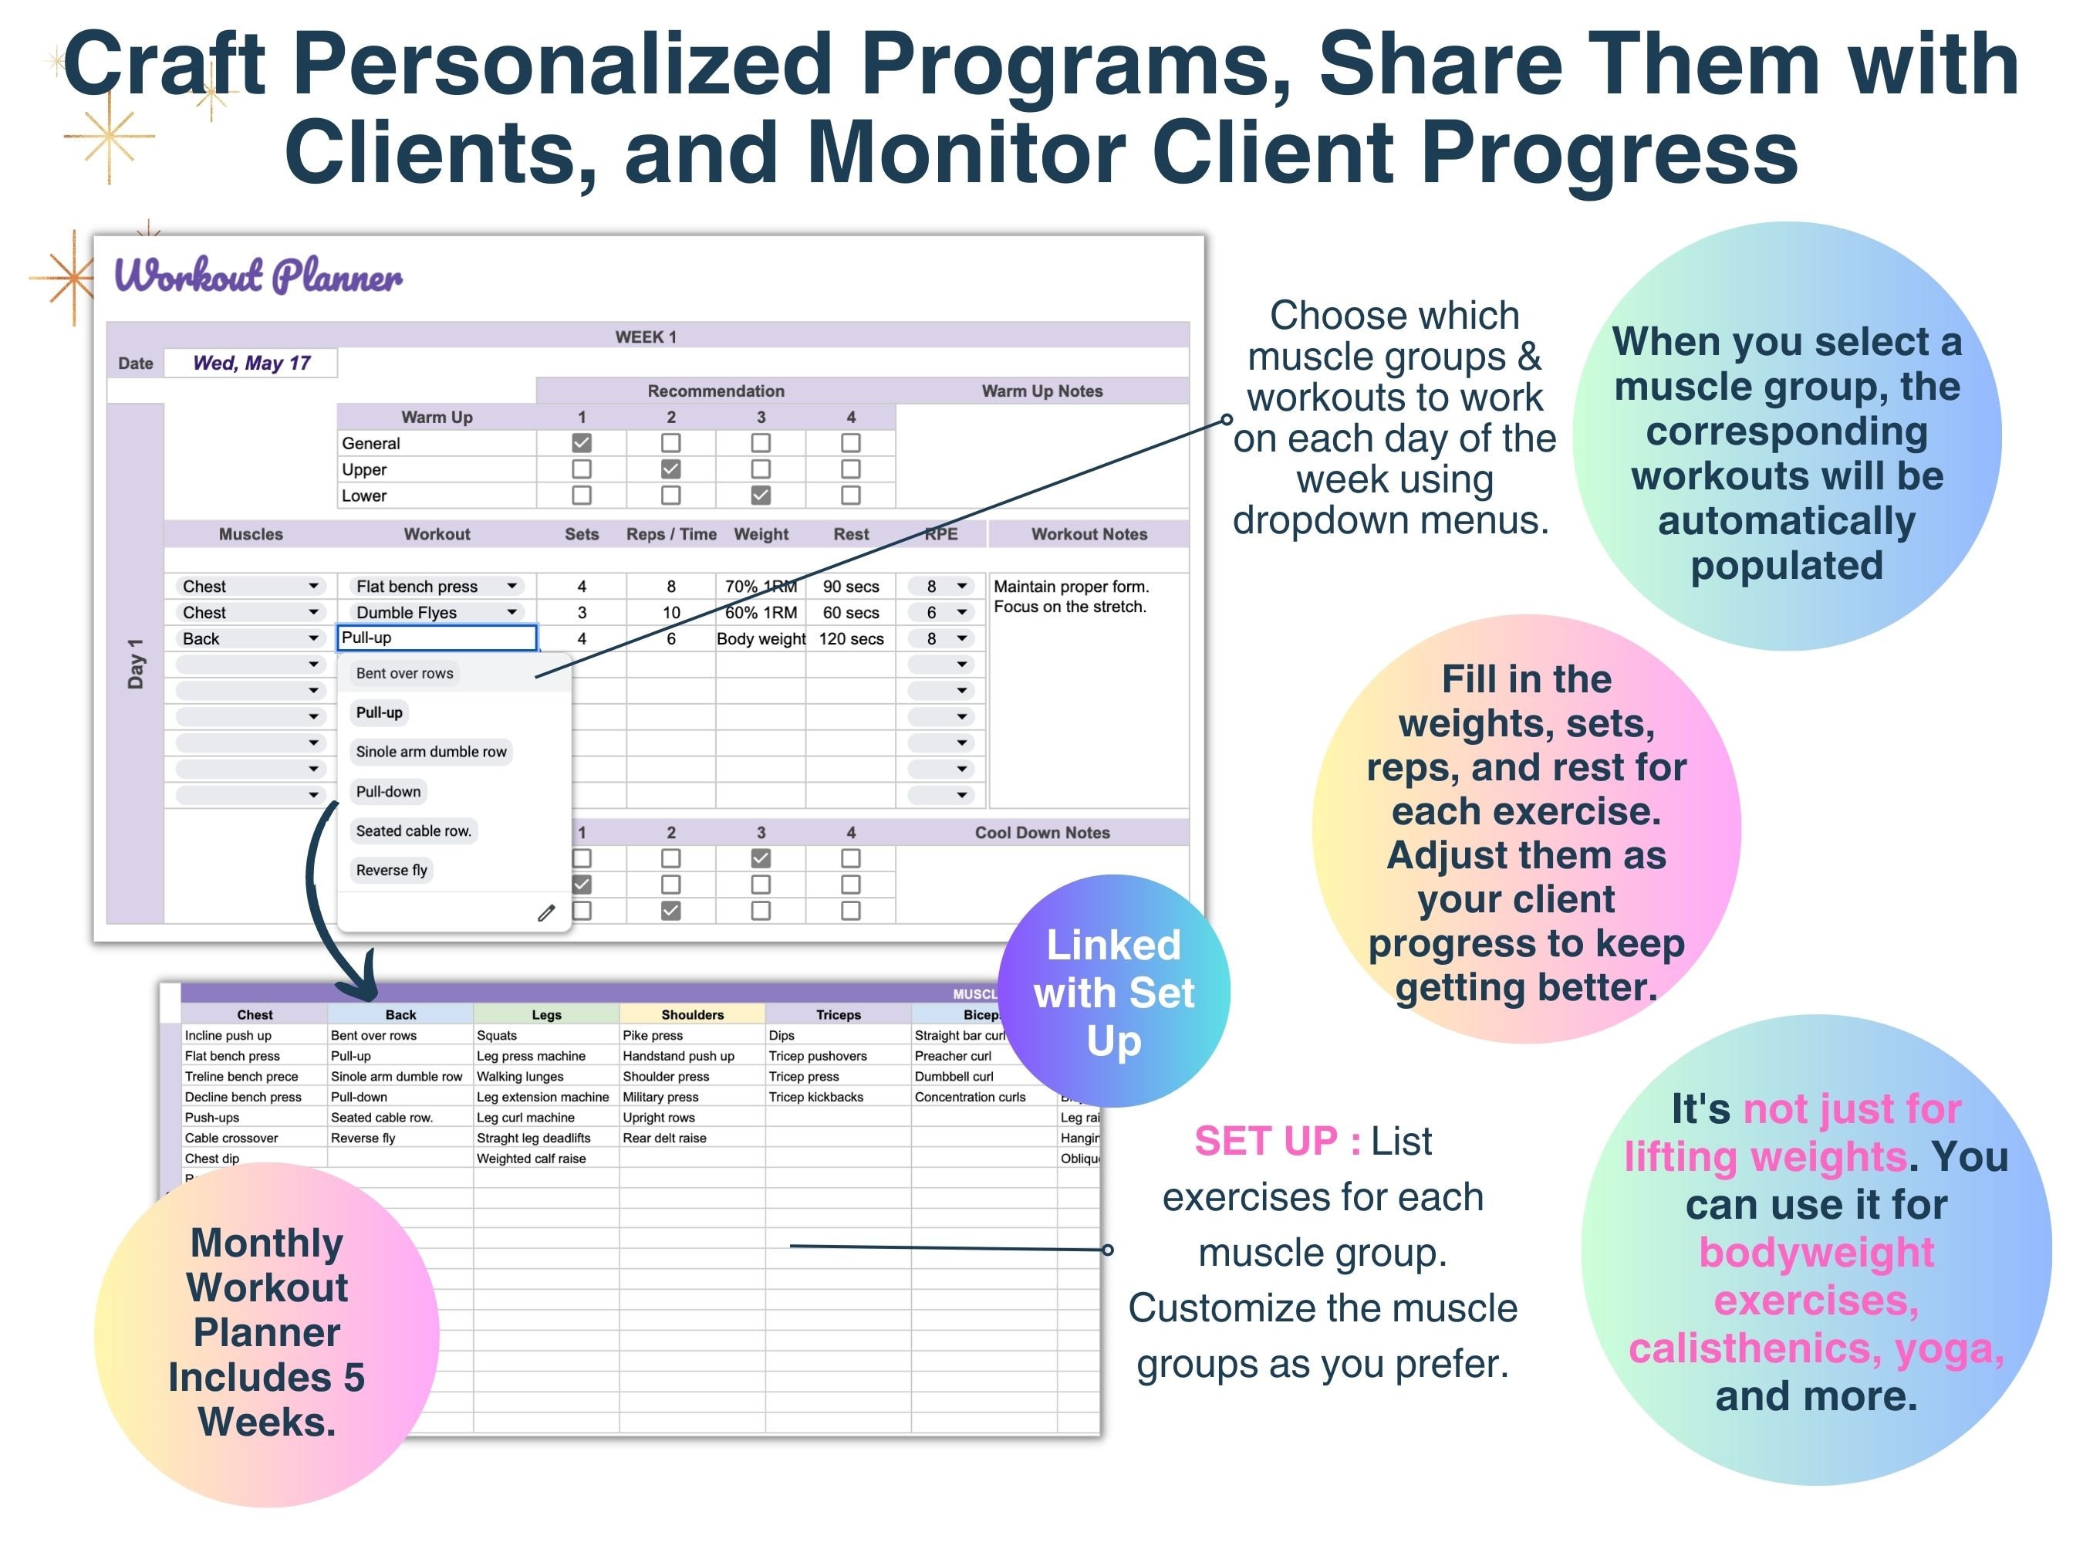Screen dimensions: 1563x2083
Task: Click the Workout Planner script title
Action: coord(258,276)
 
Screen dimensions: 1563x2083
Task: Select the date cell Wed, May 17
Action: coord(251,363)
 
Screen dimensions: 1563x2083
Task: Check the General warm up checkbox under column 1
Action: coord(581,443)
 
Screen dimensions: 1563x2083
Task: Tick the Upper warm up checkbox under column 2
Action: coord(670,469)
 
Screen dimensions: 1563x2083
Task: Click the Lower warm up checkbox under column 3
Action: coord(761,495)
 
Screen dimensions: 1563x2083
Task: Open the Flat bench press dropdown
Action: coord(511,586)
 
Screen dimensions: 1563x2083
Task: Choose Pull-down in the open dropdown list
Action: coord(388,791)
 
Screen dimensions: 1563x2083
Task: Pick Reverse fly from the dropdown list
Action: coord(391,870)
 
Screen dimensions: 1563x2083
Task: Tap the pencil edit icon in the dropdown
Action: coord(546,912)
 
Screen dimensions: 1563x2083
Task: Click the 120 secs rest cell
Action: coord(850,639)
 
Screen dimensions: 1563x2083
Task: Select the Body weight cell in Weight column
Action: coord(761,639)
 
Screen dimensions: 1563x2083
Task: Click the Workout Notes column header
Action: coord(1089,534)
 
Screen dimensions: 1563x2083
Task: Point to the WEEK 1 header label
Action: coord(646,337)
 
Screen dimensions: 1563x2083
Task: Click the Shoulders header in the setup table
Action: coord(692,1015)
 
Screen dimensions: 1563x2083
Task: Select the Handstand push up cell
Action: coord(678,1056)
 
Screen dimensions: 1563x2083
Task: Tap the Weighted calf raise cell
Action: coord(531,1159)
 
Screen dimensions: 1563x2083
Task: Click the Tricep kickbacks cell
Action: coord(815,1097)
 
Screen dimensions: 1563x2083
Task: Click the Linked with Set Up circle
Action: coord(1113,991)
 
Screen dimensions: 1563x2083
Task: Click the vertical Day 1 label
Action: coord(136,663)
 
